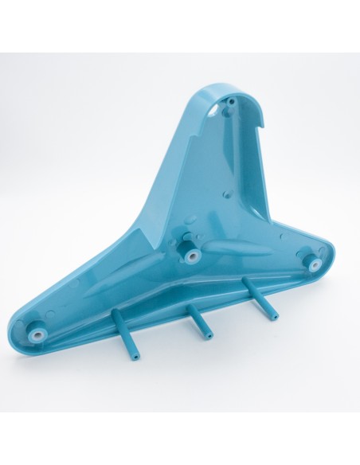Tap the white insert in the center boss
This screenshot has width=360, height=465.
click(x=193, y=254)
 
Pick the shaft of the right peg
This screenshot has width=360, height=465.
click(x=261, y=298)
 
